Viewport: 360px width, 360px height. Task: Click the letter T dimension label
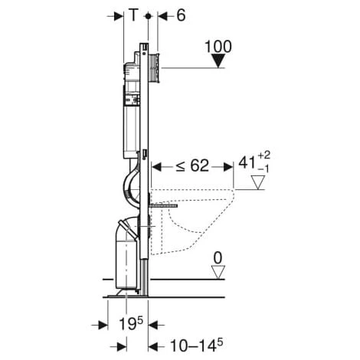133,15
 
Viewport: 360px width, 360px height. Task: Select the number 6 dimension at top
181,15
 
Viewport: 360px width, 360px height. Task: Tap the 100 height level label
218,47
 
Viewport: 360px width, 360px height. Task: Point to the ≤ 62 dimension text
192,165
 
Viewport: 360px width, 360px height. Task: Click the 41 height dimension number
247,162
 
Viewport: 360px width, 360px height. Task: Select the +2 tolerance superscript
263,155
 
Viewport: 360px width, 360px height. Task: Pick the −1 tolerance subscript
263,169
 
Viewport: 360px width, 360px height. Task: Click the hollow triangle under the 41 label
258,182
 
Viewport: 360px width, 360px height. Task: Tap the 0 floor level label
218,258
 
